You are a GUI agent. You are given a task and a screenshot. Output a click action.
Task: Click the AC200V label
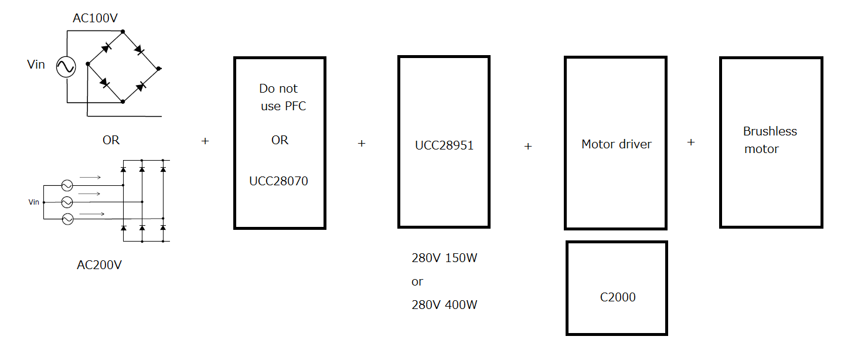[99, 265]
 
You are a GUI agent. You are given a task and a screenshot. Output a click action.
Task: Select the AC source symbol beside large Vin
[66, 67]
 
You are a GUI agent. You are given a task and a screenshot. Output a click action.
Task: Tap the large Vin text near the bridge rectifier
[36, 64]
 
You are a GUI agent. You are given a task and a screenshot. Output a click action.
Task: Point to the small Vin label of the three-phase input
[34, 202]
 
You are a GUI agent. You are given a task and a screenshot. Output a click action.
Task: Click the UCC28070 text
[278, 181]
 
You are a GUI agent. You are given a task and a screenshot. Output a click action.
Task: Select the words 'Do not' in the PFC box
[278, 89]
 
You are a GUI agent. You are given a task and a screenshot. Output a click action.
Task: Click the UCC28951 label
[444, 145]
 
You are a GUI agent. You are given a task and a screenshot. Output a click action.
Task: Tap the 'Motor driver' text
[616, 144]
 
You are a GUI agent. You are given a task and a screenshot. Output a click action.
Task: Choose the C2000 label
[618, 297]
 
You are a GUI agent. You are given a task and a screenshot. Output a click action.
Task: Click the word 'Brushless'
[770, 131]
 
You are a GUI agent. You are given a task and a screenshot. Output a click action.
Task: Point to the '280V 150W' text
[444, 258]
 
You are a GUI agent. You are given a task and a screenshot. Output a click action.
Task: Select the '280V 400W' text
[444, 305]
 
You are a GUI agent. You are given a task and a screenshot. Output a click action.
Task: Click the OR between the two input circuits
[111, 140]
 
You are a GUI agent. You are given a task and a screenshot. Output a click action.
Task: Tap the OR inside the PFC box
[280, 141]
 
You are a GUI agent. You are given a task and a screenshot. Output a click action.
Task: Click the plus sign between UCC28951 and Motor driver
[527, 147]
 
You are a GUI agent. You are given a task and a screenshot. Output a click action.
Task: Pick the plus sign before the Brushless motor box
[691, 142]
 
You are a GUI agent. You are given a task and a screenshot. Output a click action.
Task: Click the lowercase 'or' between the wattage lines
[417, 282]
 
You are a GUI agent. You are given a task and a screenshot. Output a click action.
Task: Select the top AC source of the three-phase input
[67, 185]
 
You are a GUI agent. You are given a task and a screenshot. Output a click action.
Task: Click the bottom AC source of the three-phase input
[67, 219]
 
